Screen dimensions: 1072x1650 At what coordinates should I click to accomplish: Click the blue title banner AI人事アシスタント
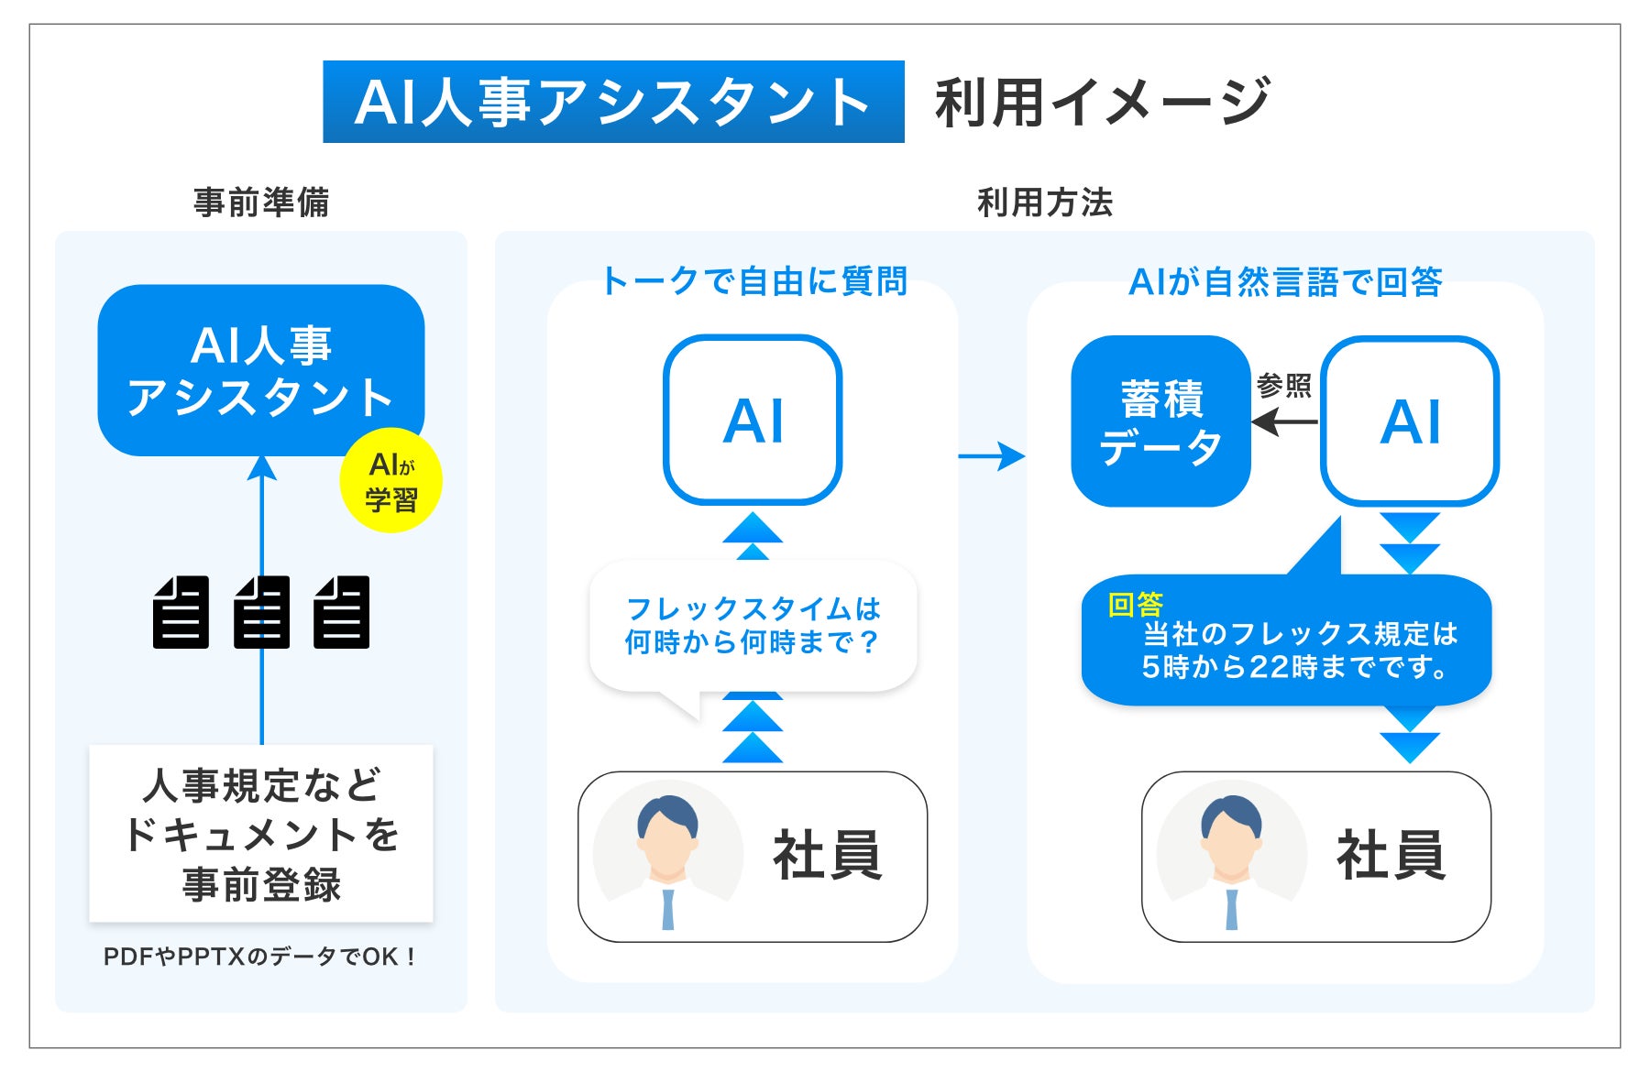pos(613,102)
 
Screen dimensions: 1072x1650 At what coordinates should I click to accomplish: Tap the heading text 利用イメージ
pos(1102,102)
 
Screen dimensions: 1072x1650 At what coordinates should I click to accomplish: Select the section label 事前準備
pos(261,202)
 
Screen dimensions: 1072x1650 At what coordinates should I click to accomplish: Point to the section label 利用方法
pos(1045,202)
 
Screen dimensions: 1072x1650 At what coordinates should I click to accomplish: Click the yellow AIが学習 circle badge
pos(391,481)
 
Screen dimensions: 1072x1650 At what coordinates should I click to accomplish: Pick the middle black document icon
pos(262,612)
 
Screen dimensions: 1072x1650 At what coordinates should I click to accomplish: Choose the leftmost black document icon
pos(181,612)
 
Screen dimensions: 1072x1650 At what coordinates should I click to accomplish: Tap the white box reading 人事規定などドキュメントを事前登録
pos(261,834)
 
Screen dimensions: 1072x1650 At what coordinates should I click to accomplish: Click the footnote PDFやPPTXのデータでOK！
pos(261,957)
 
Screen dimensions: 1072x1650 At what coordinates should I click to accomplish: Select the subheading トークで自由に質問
pos(753,281)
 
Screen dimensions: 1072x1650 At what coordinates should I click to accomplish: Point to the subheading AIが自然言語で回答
pos(1285,281)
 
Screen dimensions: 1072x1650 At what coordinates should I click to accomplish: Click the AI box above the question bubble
pos(753,421)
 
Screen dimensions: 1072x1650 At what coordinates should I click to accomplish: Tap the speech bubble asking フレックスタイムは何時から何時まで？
pos(753,626)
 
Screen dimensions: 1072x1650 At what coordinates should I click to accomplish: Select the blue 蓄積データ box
pos(1160,421)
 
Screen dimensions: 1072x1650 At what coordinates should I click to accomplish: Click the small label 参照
pos(1283,386)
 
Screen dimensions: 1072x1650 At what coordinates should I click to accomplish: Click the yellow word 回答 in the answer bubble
pos(1135,605)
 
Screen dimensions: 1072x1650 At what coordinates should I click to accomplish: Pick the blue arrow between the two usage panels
pos(992,455)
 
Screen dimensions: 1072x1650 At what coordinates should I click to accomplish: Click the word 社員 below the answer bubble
pos(1391,856)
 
